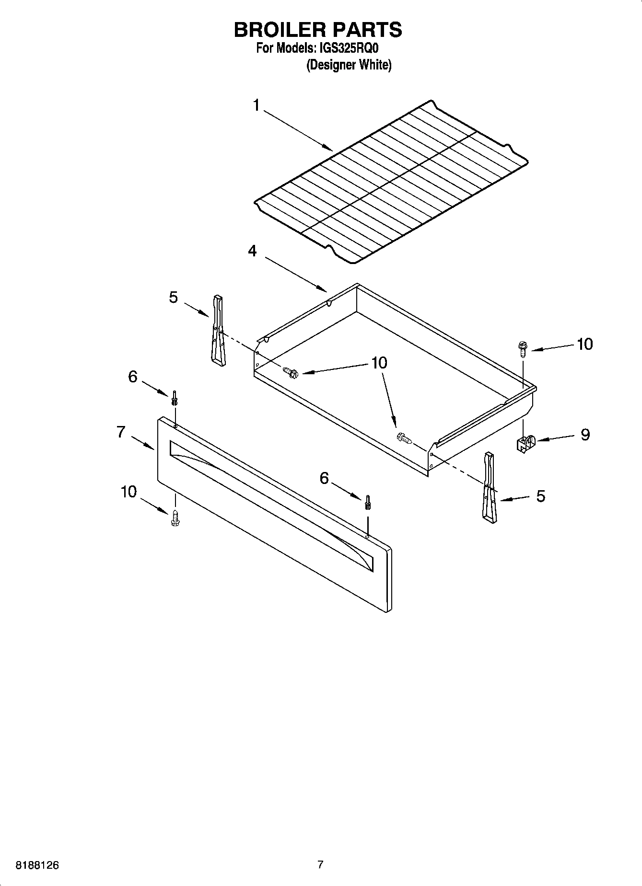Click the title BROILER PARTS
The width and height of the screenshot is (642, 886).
(x=318, y=30)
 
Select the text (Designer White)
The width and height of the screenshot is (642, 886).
(x=349, y=65)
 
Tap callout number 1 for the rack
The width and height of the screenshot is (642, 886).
(x=257, y=105)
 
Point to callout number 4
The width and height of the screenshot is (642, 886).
(x=252, y=251)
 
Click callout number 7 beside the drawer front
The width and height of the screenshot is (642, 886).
(x=121, y=432)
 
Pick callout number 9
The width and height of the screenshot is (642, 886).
(x=585, y=435)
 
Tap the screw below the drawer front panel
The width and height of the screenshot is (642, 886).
(x=175, y=518)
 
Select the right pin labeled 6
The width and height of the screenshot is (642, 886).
(x=368, y=502)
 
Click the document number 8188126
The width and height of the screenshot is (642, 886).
(x=37, y=865)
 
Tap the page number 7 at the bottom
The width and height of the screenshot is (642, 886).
(x=320, y=864)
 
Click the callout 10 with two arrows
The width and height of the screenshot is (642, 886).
(x=379, y=363)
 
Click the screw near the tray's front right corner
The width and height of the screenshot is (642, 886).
(x=405, y=437)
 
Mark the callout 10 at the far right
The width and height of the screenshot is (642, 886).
(x=584, y=344)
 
